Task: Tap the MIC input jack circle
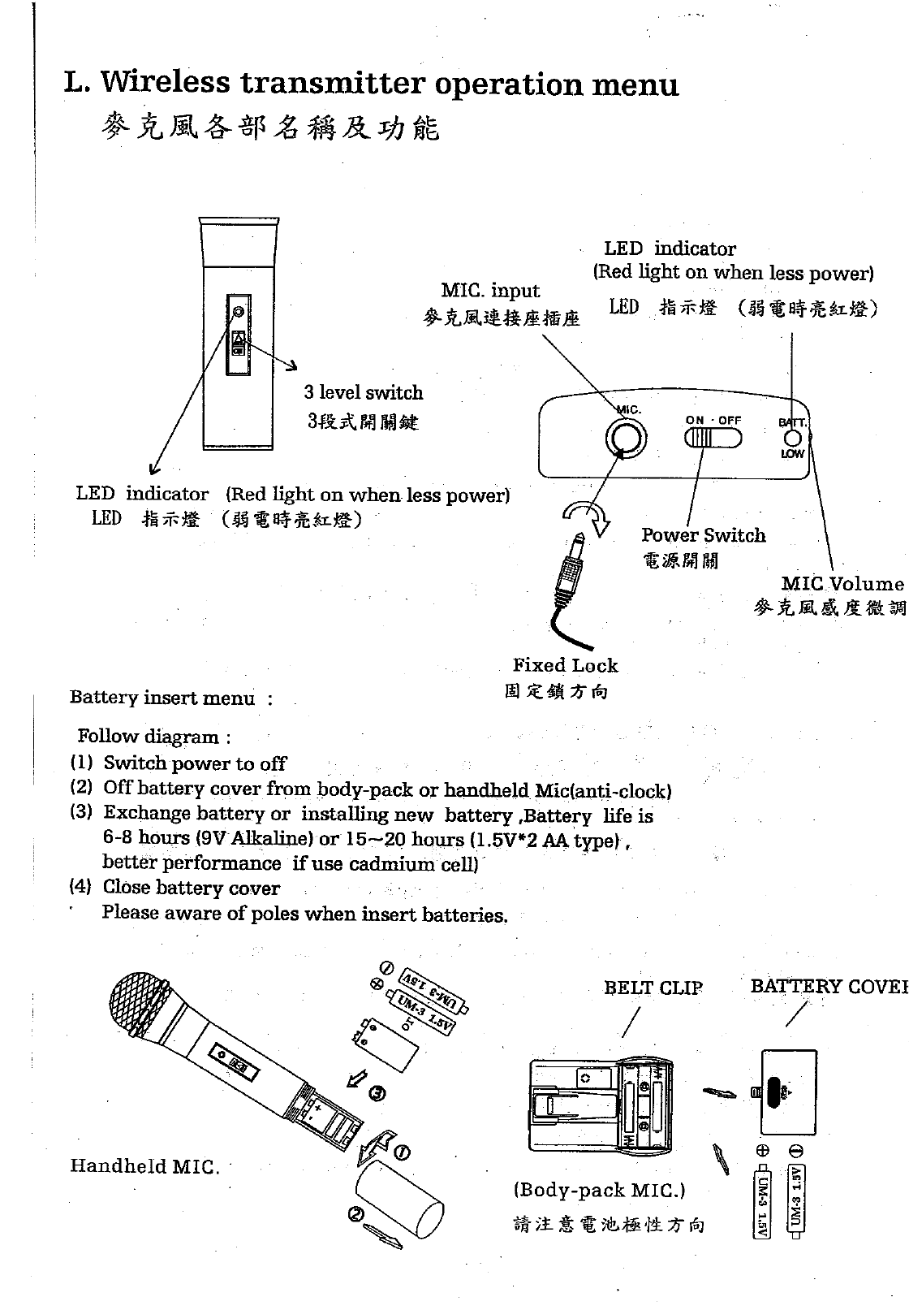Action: click(x=626, y=439)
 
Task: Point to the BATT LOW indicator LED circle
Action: click(x=792, y=439)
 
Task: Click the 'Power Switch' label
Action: click(x=703, y=535)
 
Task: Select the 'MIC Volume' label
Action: click(x=842, y=584)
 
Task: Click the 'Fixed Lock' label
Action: click(x=565, y=666)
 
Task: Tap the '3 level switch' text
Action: click(x=364, y=393)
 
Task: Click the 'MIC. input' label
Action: click(x=490, y=291)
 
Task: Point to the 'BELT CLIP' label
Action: click(x=653, y=988)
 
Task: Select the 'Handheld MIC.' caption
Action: click(x=144, y=1167)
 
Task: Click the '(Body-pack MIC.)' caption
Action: click(x=600, y=1191)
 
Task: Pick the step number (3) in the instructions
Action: click(x=81, y=813)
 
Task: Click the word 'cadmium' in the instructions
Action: click(x=386, y=864)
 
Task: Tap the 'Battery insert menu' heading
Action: click(x=162, y=698)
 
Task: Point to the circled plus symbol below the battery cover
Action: click(x=763, y=1151)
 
